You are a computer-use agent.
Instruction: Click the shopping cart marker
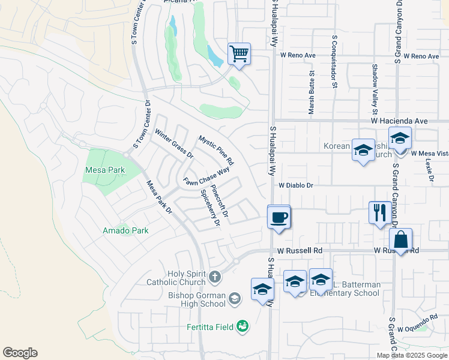pyautogui.click(x=239, y=55)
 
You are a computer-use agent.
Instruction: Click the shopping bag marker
pyautogui.click(x=400, y=239)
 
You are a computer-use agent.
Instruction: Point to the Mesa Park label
pyautogui.click(x=105, y=170)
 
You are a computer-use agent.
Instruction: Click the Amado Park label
pyautogui.click(x=125, y=230)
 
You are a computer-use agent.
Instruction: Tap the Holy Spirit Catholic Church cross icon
pyautogui.click(x=215, y=278)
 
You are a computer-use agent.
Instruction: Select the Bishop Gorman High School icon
pyautogui.click(x=235, y=298)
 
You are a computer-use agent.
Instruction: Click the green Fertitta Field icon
pyautogui.click(x=243, y=326)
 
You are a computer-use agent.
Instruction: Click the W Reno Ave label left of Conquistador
pyautogui.click(x=298, y=56)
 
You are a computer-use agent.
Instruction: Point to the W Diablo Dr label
pyautogui.click(x=296, y=185)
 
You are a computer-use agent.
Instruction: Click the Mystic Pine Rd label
pyautogui.click(x=216, y=151)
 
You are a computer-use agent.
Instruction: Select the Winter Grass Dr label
pyautogui.click(x=174, y=144)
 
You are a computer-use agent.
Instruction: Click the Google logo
pyautogui.click(x=20, y=353)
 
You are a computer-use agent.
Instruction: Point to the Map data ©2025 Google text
pyautogui.click(x=412, y=355)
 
